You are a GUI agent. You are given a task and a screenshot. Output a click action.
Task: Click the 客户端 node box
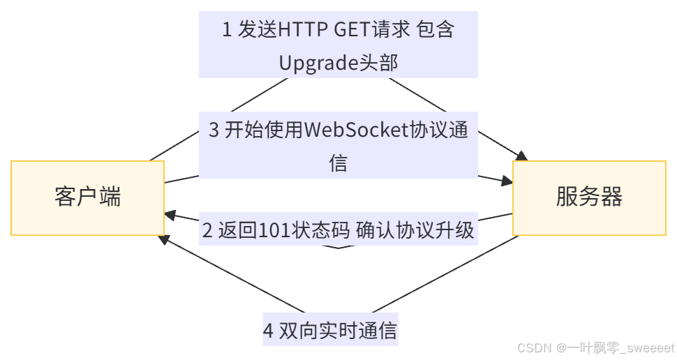[x=88, y=197]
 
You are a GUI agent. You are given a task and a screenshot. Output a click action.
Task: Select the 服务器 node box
[x=589, y=197]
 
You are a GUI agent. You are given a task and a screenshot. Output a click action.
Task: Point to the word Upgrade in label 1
[x=318, y=63]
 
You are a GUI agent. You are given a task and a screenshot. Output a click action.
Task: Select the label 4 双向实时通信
[x=330, y=331]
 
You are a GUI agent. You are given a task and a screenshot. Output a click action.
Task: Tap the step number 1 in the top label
[x=227, y=30]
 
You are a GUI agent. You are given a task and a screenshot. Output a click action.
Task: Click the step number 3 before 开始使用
[x=214, y=130]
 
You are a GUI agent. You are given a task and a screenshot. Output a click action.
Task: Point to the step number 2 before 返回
[x=207, y=231]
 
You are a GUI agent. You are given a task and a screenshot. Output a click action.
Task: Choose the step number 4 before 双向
[x=269, y=331]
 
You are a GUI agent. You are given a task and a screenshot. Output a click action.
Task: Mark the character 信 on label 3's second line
[x=338, y=163]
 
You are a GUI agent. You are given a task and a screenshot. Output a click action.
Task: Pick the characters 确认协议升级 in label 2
[x=415, y=231]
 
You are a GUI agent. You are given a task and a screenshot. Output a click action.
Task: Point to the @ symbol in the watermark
[x=560, y=347]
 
